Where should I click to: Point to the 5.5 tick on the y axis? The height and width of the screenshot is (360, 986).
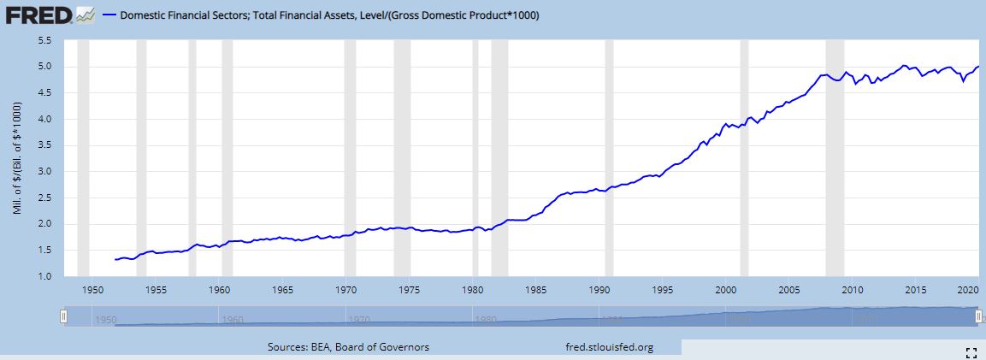(44, 40)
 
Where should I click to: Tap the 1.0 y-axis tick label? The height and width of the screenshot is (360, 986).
(44, 277)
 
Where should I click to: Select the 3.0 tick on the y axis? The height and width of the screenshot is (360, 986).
(44, 172)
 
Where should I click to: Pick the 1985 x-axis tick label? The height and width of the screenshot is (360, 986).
(535, 289)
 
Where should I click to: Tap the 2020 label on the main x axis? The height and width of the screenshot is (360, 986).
(969, 289)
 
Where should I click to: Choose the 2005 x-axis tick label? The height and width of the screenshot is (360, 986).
(788, 289)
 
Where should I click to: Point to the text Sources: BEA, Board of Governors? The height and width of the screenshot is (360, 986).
(349, 347)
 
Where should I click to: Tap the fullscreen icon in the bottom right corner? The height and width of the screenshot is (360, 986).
(971, 351)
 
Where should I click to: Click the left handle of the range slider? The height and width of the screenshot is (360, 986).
(63, 316)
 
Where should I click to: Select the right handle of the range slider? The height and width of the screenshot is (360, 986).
(977, 316)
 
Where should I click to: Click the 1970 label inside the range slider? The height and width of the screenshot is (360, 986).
(358, 321)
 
